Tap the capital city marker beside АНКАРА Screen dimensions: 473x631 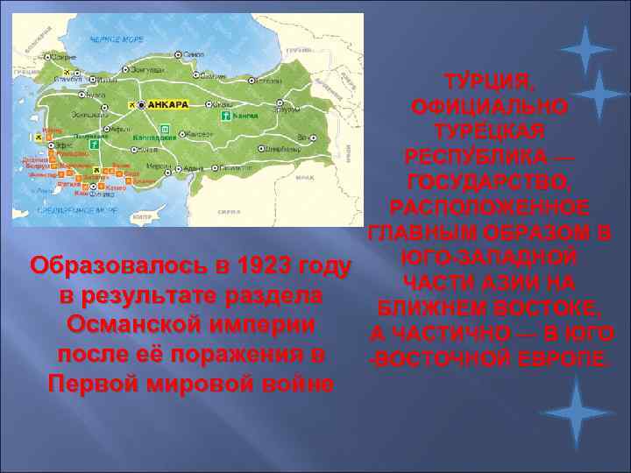[x=145, y=105]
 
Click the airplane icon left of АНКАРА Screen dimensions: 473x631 [x=133, y=105]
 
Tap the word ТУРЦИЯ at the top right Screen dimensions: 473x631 [x=489, y=84]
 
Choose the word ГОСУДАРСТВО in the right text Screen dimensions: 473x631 [x=489, y=184]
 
